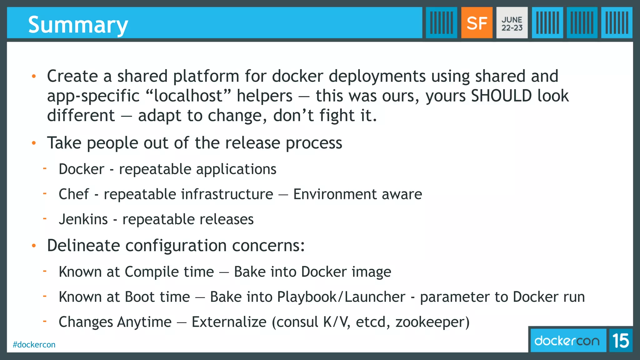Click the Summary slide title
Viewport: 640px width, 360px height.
[78, 25]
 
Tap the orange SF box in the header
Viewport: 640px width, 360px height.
[477, 23]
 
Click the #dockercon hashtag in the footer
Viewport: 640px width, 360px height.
[34, 345]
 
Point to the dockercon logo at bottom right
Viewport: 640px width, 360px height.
[567, 341]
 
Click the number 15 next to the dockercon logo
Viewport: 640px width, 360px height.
[621, 341]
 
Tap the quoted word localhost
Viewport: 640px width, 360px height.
[188, 96]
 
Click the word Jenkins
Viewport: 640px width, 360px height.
[83, 219]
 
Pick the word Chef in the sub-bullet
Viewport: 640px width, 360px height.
[74, 194]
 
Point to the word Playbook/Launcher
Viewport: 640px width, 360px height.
[341, 297]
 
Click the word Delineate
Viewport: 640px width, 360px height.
[83, 245]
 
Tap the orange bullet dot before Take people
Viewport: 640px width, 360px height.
[34, 143]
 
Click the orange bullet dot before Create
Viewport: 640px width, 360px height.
[34, 76]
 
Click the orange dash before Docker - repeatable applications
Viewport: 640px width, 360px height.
[45, 169]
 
